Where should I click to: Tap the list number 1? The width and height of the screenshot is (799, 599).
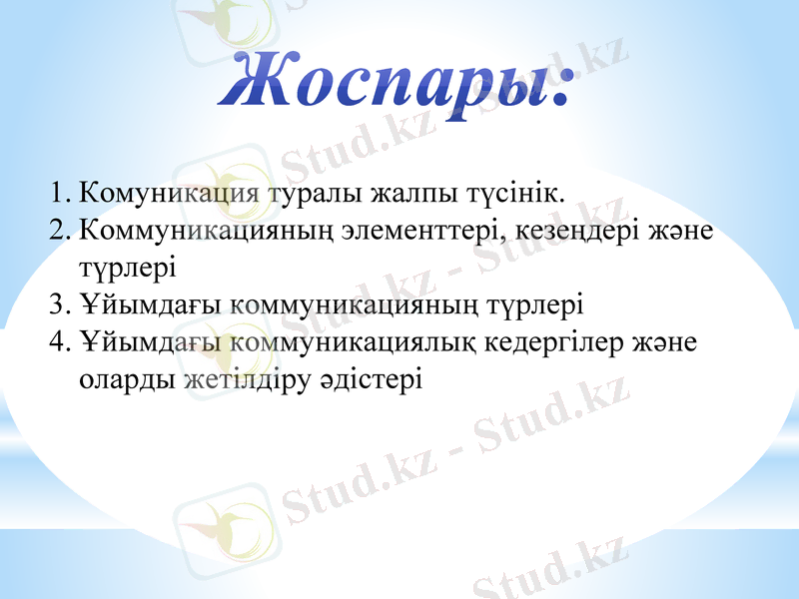(57, 190)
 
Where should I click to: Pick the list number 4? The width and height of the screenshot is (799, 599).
(58, 342)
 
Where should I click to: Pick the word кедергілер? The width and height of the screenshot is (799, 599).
(555, 342)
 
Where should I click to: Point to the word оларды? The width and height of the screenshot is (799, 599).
(127, 380)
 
